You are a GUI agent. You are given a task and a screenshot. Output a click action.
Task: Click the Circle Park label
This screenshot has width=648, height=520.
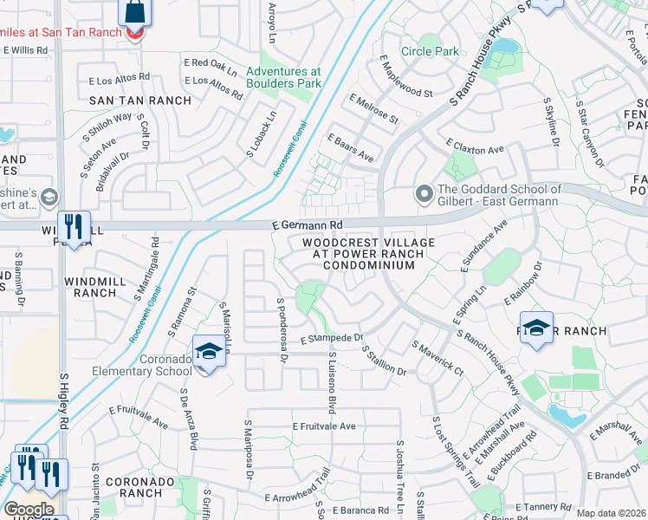point(436,51)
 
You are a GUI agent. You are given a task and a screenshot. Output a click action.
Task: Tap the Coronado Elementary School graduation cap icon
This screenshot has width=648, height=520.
point(208,352)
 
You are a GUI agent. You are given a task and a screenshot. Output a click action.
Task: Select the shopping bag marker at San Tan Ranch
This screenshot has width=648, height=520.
point(134,13)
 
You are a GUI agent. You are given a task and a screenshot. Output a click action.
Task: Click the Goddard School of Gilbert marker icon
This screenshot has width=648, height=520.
point(424,193)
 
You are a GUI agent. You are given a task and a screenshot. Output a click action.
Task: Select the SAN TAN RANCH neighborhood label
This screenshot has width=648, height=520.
point(140,101)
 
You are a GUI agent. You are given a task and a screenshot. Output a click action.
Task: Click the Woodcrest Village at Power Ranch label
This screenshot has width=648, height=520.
point(369,255)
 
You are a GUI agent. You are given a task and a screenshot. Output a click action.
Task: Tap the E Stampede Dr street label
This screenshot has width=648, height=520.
point(331,338)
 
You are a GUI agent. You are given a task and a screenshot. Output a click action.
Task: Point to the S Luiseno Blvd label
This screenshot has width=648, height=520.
point(332,380)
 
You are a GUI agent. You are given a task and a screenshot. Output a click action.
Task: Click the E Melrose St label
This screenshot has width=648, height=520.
point(373,110)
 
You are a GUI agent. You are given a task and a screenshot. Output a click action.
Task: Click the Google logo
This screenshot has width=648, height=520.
point(29,509)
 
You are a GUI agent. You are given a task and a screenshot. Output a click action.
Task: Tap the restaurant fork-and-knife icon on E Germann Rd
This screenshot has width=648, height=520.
point(74,227)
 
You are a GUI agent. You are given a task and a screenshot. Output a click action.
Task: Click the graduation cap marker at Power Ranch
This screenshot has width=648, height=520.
point(537,328)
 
